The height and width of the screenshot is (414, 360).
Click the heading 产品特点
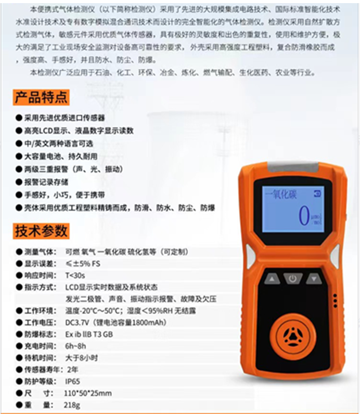pos(41,97)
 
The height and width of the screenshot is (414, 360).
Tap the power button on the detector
pos(292,279)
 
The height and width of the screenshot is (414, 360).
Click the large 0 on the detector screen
pos(303,215)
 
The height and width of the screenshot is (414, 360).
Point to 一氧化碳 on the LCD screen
pos(280,195)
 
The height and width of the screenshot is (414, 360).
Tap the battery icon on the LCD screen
pos(318,193)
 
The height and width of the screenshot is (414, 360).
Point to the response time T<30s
pos(76,275)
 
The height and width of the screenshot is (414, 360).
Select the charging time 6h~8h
pos(76,346)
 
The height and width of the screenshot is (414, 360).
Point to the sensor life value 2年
pos(72,369)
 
